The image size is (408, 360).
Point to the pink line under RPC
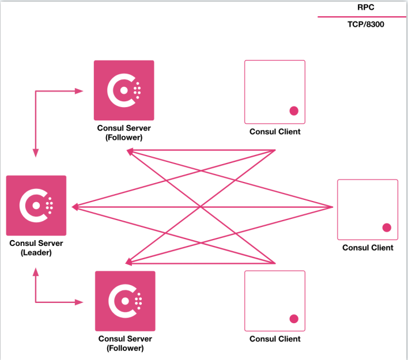(362, 17)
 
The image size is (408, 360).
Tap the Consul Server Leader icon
(36, 206)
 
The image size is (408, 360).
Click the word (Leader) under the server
(36, 252)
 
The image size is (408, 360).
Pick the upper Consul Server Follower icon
(124, 90)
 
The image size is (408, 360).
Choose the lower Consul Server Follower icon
(125, 301)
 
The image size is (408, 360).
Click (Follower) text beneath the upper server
(124, 138)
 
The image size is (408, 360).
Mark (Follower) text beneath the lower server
(125, 348)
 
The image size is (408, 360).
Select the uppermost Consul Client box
(275, 92)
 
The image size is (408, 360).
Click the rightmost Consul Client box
(368, 210)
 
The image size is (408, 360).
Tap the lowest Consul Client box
(275, 301)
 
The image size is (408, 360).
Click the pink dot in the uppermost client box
(293, 110)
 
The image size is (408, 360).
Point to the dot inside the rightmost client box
(387, 228)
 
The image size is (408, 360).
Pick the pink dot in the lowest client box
(293, 319)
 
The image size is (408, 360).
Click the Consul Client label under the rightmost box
(368, 248)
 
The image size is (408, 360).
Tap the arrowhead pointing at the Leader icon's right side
(75, 207)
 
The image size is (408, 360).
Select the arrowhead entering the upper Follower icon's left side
(80, 90)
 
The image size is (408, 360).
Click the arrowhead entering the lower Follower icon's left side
(81, 301)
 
